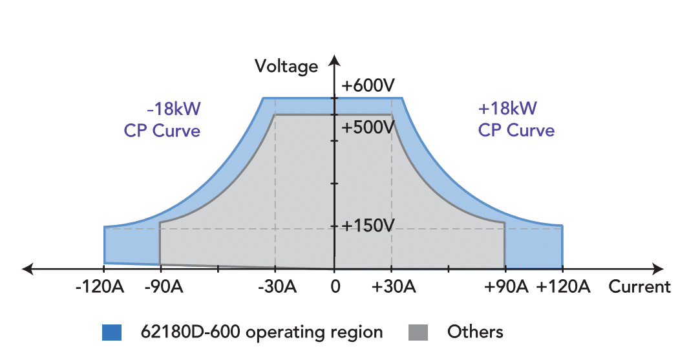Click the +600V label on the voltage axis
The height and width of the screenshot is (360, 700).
(368, 86)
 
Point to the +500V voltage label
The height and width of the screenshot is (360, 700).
(368, 127)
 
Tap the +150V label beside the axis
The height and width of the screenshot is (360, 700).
(368, 226)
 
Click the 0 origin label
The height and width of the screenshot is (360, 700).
(334, 286)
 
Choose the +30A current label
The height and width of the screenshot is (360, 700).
(392, 286)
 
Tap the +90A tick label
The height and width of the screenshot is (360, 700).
(506, 286)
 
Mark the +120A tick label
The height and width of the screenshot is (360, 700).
(564, 286)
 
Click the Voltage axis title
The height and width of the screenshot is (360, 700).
(286, 67)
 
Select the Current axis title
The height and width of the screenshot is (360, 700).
(639, 286)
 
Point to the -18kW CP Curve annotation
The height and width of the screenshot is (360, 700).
(162, 120)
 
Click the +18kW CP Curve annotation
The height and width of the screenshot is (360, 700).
(516, 120)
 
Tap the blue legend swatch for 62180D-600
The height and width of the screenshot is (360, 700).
(112, 332)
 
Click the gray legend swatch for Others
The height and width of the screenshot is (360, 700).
(418, 332)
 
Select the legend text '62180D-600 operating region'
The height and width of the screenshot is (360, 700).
(262, 332)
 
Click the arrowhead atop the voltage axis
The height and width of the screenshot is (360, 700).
(334, 61)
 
